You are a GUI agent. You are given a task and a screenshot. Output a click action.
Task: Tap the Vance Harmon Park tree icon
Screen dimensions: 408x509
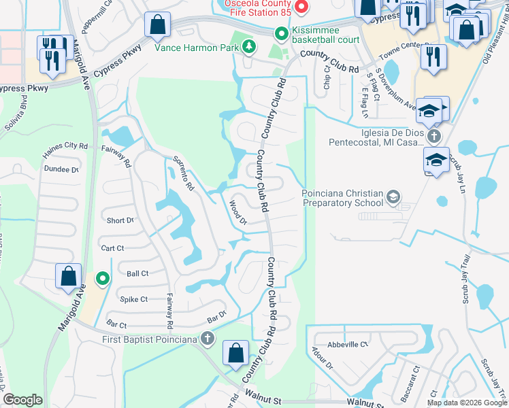pos(250,46)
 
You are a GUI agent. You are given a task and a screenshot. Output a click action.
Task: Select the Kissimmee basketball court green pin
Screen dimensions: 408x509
pos(280,33)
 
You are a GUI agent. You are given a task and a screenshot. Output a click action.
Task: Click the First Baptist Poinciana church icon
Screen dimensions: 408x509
pos(208,339)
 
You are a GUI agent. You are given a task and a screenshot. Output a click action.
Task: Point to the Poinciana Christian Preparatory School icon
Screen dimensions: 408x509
pos(393,197)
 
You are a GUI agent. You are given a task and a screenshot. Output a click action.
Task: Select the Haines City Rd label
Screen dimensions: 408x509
pos(65,146)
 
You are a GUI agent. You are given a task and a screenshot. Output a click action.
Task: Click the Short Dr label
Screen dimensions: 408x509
pos(120,220)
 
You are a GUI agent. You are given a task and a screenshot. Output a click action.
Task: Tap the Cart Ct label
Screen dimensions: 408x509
pos(112,248)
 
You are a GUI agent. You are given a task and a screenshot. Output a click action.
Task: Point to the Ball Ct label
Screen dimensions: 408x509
pos(137,273)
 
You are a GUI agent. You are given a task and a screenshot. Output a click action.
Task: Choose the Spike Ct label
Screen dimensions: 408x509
pos(133,299)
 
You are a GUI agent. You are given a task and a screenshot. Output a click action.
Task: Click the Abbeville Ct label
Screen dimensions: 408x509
pos(347,344)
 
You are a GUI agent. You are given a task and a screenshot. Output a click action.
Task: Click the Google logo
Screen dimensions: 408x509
pos(23,401)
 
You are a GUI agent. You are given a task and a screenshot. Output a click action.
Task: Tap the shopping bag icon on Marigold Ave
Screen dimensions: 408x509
pos(68,277)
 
